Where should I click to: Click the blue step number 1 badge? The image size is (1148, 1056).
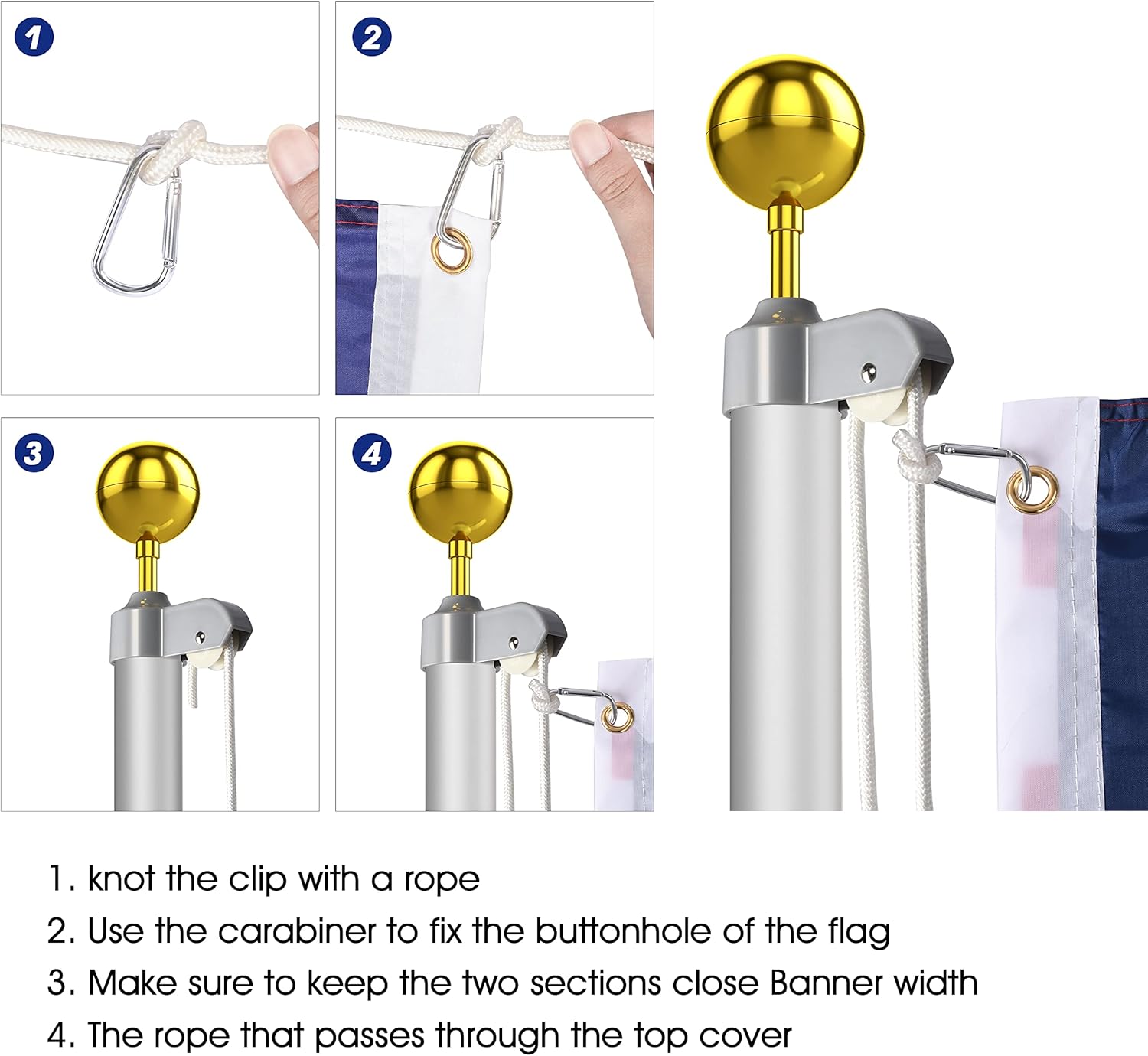tap(34, 37)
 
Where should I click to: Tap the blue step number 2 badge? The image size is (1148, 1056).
tap(372, 37)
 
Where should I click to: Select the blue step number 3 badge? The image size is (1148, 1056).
tap(34, 453)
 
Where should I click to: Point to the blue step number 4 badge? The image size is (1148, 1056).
tap(372, 453)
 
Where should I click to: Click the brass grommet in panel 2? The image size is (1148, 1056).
tap(452, 250)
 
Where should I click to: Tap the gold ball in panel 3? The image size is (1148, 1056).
tap(147, 490)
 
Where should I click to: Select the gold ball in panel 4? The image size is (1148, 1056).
tap(459, 490)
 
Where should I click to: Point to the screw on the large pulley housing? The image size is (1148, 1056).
tap(869, 372)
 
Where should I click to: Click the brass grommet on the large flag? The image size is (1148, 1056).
tap(1032, 488)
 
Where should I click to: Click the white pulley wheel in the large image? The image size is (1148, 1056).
tap(880, 409)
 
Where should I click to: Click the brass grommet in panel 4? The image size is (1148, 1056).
tap(617, 717)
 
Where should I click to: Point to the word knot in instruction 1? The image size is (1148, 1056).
tap(122, 879)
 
